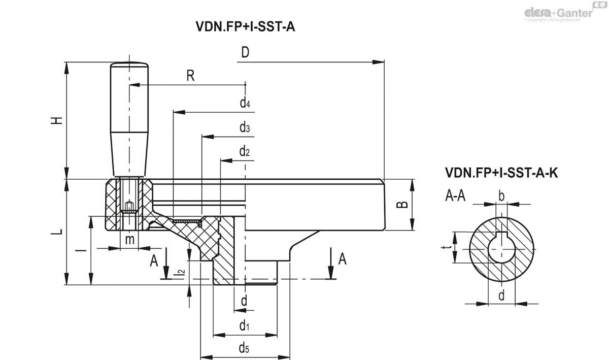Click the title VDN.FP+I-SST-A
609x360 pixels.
tap(245, 27)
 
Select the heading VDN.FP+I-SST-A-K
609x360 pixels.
tap(501, 173)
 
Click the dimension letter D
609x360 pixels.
tap(245, 53)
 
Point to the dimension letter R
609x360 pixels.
tap(190, 76)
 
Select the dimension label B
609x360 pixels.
tap(401, 204)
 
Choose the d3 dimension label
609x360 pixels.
tap(245, 127)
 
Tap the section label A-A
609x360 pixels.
tap(455, 197)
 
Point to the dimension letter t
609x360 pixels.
tap(445, 248)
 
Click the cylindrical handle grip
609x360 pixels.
tap(130, 119)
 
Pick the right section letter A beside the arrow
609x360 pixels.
tap(342, 259)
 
